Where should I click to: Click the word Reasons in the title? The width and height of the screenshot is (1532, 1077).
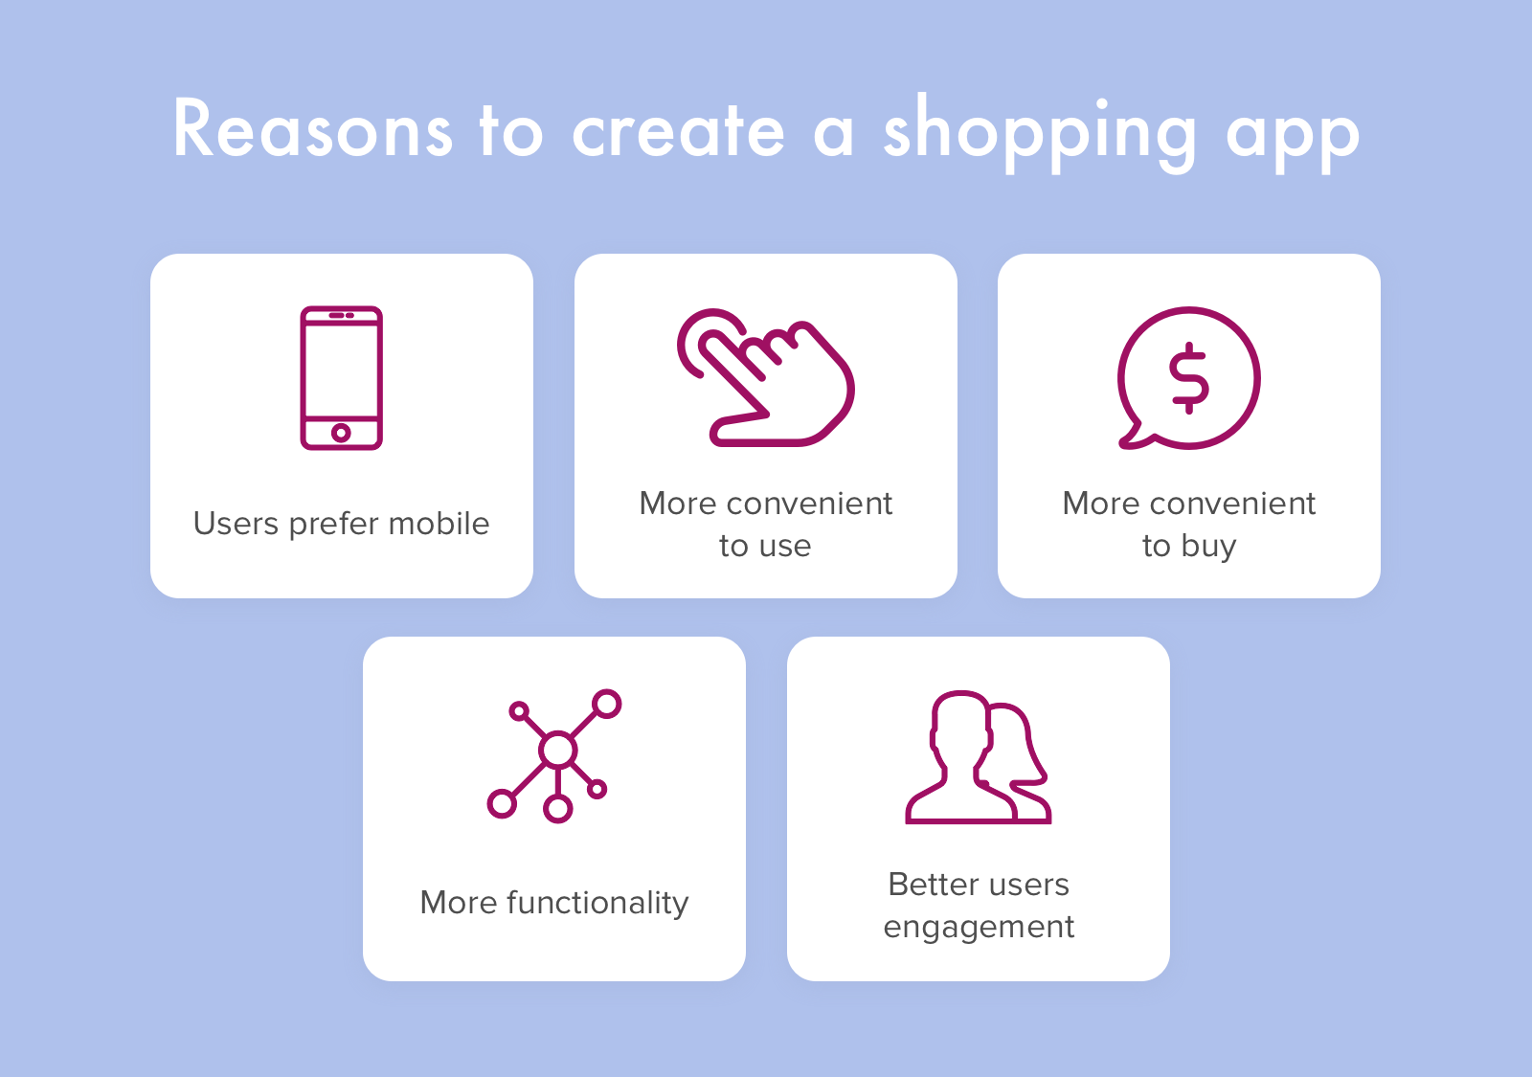pos(312,128)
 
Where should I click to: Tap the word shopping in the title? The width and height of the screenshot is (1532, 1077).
pos(1040,134)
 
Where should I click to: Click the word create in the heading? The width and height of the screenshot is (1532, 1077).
pos(678,130)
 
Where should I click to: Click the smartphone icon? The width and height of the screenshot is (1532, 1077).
pos(341,377)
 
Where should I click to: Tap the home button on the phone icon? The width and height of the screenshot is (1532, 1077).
pos(341,432)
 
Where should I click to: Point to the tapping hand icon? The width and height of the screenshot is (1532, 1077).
pos(765,377)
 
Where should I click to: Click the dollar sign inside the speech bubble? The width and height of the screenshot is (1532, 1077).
pos(1188,377)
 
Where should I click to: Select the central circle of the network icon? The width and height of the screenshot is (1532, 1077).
pos(558,751)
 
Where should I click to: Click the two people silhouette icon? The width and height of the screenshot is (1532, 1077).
pos(978,757)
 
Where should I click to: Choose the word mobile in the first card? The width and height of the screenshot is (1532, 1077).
pos(439,524)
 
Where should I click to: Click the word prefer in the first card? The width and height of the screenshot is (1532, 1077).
pos(334,525)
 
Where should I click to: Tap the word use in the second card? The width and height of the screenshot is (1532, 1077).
pos(785,547)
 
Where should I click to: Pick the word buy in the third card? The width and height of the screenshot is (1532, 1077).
pos(1208,547)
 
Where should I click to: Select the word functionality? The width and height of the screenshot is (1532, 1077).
pos(597,904)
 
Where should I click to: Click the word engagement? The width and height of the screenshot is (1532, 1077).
pos(979,928)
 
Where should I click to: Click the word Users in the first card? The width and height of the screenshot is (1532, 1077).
pos(236,524)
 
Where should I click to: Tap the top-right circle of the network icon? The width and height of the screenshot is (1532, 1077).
pos(606,704)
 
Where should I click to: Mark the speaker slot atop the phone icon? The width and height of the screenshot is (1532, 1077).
pos(341,315)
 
